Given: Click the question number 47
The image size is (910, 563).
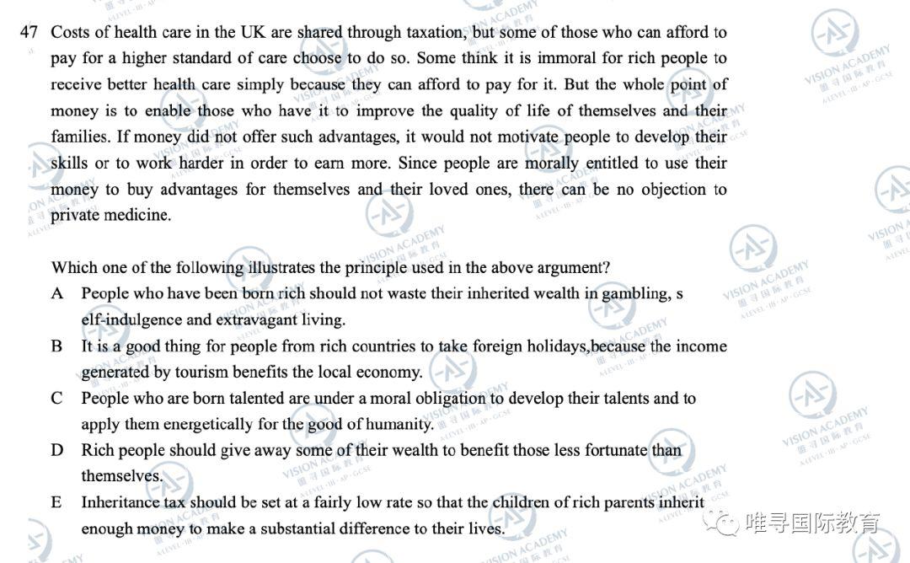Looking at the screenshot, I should (x=29, y=32).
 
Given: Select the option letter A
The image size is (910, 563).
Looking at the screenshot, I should (x=57, y=293).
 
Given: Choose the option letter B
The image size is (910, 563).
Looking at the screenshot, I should (x=57, y=346).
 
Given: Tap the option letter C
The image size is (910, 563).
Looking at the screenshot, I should (x=57, y=398).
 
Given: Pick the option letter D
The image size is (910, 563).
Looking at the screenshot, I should (x=57, y=450).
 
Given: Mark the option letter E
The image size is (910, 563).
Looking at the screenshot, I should (x=56, y=502).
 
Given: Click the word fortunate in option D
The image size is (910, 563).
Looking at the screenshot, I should (x=613, y=450).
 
